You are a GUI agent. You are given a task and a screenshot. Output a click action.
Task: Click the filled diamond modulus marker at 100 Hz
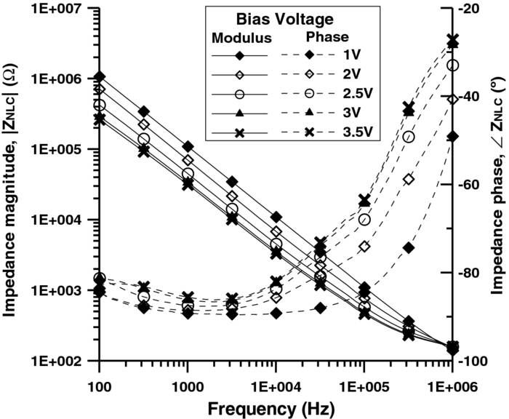(x=100, y=76)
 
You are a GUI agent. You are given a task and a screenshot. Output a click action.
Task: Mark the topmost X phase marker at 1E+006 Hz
(x=452, y=40)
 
